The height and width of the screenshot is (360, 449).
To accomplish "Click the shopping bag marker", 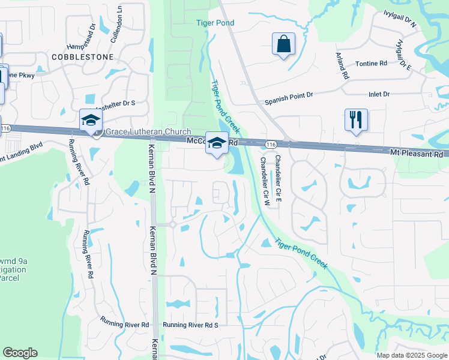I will coord(283,45).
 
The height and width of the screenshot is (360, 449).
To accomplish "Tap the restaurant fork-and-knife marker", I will coord(356,119).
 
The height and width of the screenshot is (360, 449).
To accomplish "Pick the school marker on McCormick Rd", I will coord(217,143).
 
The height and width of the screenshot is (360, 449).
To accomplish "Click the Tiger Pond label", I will coord(215,23).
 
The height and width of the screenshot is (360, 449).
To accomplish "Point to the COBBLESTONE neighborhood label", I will coord(83,56).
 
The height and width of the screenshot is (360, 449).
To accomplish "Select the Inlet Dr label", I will coord(379,94).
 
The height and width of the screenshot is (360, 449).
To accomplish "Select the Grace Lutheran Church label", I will coord(148,132).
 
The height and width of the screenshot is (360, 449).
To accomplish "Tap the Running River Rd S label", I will coord(190,325).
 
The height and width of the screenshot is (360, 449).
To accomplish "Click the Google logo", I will coord(20,353).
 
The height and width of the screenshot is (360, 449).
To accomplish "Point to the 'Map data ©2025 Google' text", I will coord(412,355).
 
